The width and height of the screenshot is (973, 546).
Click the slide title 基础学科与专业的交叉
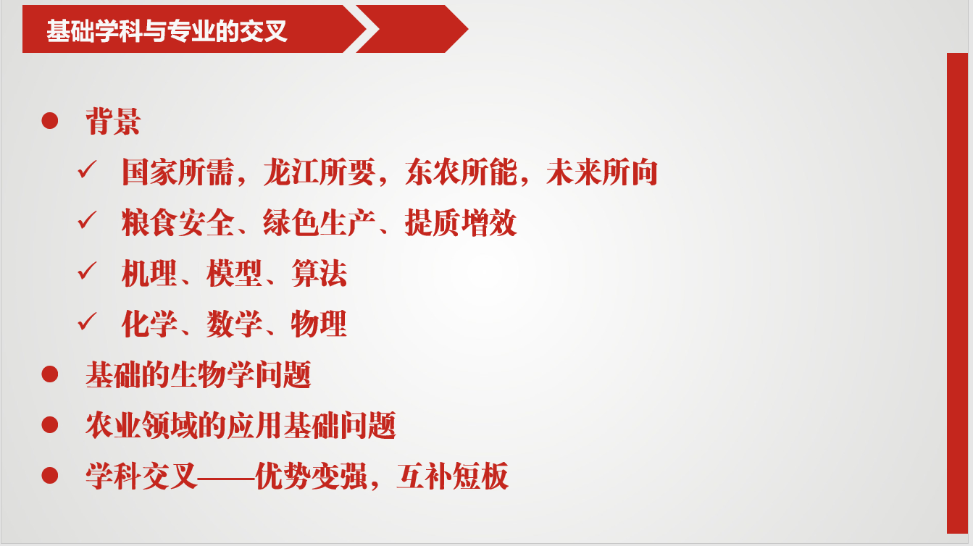tap(167, 30)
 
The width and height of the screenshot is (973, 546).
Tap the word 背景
tap(113, 121)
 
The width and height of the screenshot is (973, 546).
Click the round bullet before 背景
tap(50, 121)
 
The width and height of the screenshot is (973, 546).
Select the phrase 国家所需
tap(178, 172)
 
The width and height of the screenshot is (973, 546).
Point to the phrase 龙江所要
tap(320, 172)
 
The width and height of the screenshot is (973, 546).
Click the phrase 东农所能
tap(461, 172)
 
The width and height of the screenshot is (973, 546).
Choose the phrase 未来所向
tap(602, 172)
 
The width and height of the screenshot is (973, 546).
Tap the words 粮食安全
tap(178, 222)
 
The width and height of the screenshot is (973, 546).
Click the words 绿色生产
tap(320, 222)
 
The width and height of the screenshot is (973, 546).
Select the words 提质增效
tap(461, 222)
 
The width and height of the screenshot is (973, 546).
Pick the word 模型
tap(234, 274)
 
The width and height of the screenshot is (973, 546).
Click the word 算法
tap(320, 274)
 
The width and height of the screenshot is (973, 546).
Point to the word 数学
tap(234, 324)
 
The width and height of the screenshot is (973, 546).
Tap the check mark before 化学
tap(87, 322)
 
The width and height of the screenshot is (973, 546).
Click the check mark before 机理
tap(87, 271)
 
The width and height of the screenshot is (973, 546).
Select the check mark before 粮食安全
tap(87, 220)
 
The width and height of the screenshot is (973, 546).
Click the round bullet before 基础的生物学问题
tap(50, 374)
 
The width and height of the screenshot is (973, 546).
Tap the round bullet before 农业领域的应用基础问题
tap(50, 425)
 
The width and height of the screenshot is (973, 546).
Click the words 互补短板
tap(453, 476)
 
